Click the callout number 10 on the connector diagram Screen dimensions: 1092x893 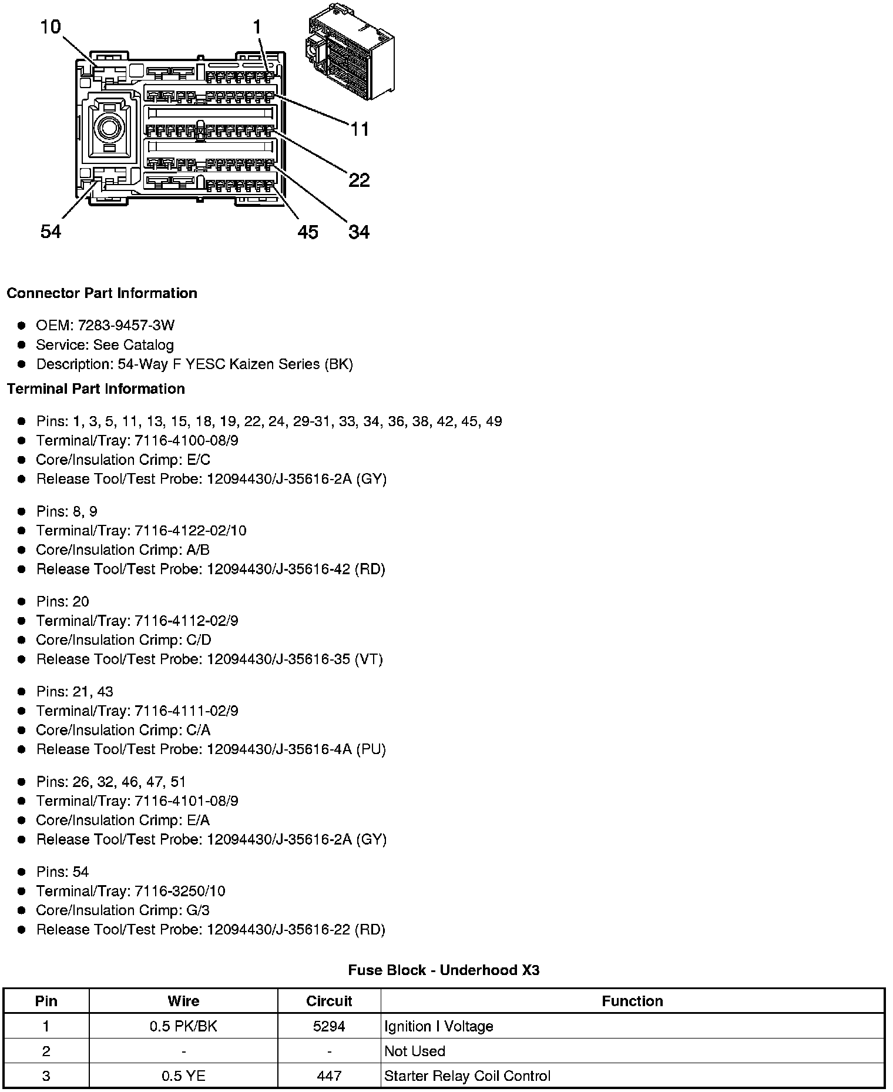(x=51, y=26)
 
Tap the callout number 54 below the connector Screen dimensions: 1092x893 (x=51, y=232)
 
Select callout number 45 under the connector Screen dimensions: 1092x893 (x=307, y=232)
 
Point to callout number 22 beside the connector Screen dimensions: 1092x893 (x=359, y=180)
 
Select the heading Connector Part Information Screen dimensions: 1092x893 (x=102, y=293)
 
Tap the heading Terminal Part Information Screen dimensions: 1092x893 (x=96, y=388)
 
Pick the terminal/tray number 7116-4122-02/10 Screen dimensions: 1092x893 (x=190, y=531)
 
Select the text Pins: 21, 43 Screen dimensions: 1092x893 (x=75, y=692)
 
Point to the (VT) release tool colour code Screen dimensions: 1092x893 (x=369, y=659)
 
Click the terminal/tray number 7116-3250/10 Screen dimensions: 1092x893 (x=180, y=891)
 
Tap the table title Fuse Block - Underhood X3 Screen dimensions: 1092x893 (x=444, y=970)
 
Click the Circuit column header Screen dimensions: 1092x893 (x=329, y=1001)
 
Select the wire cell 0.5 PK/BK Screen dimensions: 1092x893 (x=183, y=1026)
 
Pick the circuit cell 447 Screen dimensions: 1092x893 (x=329, y=1076)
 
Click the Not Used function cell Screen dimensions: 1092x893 (x=415, y=1051)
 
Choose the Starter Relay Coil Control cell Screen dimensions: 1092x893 (x=467, y=1076)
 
